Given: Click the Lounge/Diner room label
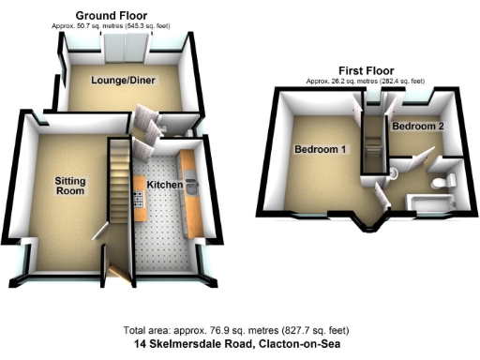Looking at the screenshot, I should click(x=123, y=82).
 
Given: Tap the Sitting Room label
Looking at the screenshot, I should click(x=69, y=185).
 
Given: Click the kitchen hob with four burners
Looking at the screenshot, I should click(x=139, y=198).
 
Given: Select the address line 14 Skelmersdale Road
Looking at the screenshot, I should click(x=239, y=344).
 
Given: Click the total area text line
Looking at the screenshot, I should click(x=239, y=331).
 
